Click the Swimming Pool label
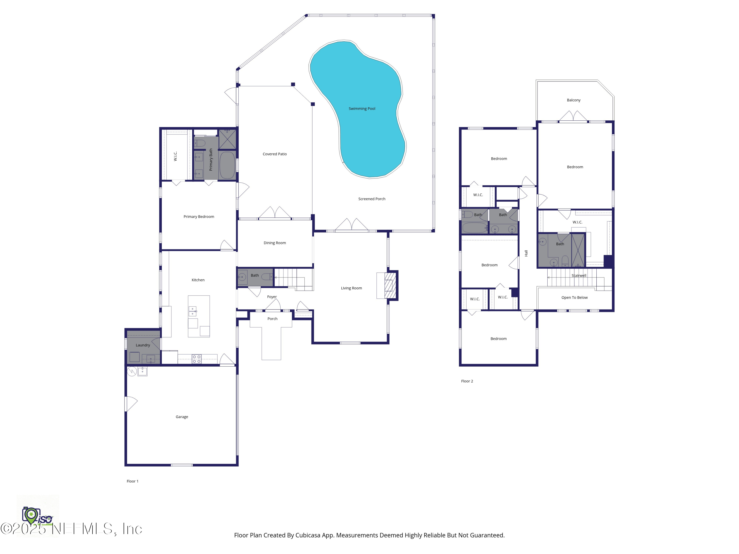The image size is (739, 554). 362,109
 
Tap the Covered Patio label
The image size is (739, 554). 275,154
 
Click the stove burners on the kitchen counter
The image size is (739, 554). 196,359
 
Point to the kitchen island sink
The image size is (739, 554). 193,311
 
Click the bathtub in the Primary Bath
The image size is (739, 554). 227,165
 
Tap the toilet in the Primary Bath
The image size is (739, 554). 200,143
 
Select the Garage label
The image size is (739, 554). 182,417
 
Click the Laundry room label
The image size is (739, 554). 143,345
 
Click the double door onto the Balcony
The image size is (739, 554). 573,117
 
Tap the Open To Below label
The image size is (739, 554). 574,297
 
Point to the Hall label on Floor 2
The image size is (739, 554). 526,253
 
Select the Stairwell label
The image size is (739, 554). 579,276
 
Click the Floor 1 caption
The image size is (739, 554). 132,481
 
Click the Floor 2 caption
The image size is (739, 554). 467,381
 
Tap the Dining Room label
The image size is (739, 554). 275,243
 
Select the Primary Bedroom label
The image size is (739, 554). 199,217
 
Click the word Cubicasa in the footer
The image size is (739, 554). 307,535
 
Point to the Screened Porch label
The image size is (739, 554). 371,199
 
